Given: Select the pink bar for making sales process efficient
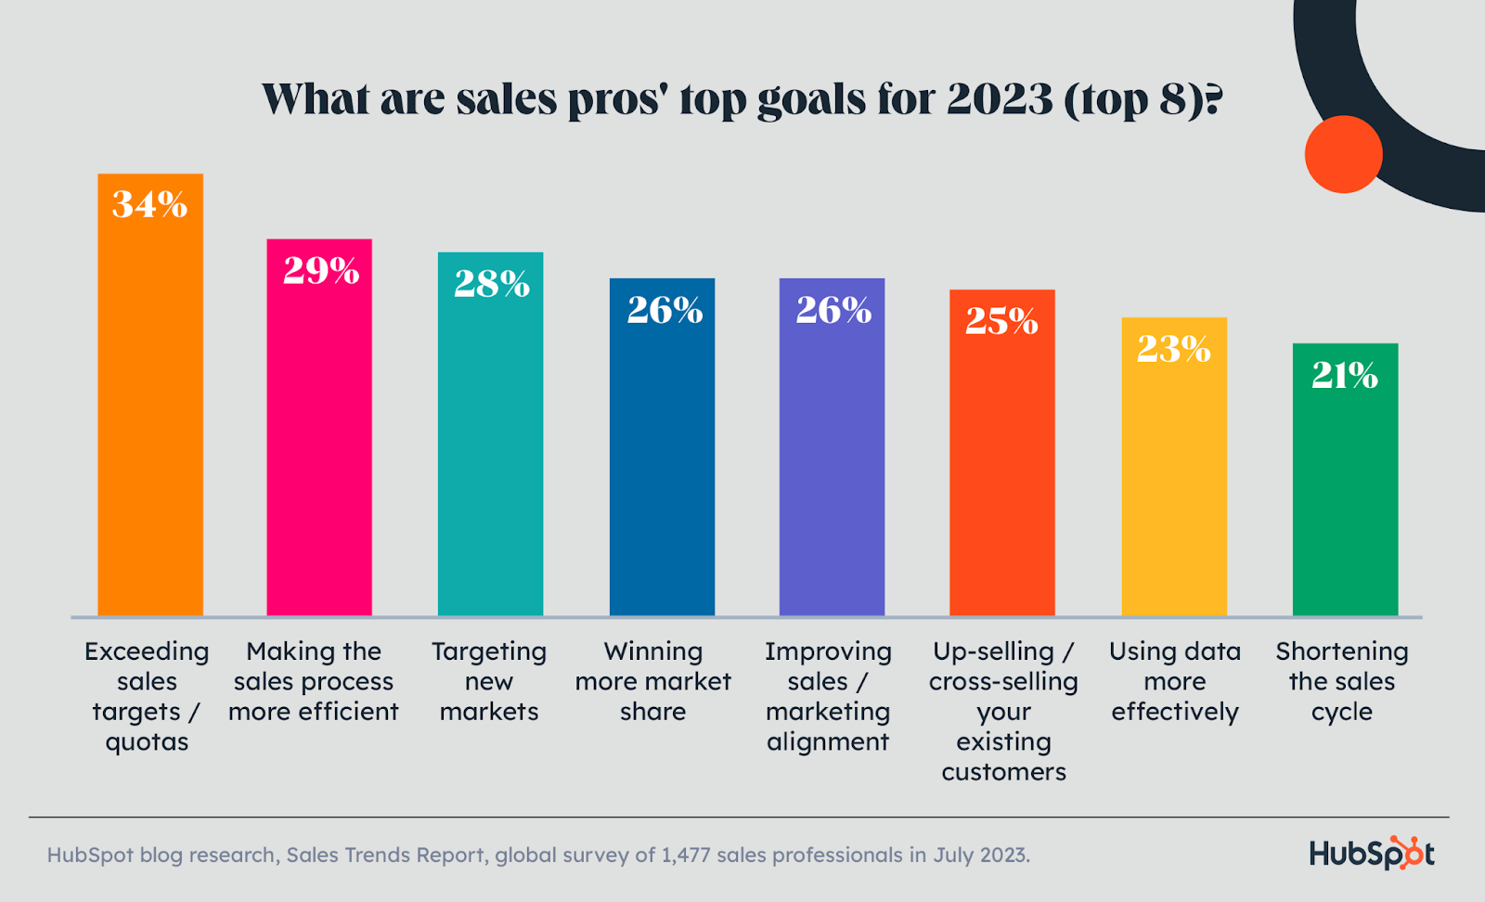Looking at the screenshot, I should coord(319,445).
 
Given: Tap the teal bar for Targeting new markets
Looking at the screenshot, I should coord(490,455).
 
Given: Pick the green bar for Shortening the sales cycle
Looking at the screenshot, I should coord(1345,492).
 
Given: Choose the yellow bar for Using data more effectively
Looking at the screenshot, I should coord(1174,483).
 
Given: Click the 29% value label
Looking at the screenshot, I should coord(321,271).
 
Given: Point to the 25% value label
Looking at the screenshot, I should coord(1001,321).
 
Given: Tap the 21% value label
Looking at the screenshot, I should coord(1345,375).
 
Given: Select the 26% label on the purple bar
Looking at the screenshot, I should coord(833,310).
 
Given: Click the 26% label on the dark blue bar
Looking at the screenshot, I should coord(665,310).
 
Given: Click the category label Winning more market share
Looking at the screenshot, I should coord(653,681).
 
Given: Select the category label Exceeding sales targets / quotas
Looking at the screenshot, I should coord(147,696).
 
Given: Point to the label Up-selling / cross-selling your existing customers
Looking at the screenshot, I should coord(1003,711).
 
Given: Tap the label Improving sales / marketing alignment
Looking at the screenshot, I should coord(828,696).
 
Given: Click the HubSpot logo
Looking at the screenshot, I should coord(1372,853).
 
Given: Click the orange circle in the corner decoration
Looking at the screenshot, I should coord(1343,154).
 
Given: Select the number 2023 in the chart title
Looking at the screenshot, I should coord(1001,99).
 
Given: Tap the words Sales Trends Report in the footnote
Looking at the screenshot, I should coord(386,855).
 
